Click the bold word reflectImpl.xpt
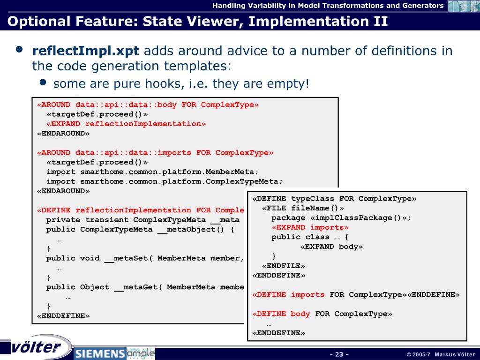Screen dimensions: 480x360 point(85,51)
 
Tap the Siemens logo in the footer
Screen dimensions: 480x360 point(100,353)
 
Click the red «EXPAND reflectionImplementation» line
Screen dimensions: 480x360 point(126,124)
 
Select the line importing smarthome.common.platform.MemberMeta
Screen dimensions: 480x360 point(152,172)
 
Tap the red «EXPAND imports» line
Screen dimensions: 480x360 point(310,227)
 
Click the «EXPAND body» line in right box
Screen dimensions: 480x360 point(331,247)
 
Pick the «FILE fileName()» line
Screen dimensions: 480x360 point(303,208)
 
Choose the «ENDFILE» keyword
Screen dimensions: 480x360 point(284,266)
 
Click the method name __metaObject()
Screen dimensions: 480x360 point(190,230)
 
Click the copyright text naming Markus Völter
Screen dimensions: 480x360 point(441,354)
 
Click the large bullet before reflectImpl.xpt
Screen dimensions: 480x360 point(19,50)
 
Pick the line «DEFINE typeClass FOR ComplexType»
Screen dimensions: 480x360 point(334,199)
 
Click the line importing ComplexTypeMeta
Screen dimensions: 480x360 point(165,181)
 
